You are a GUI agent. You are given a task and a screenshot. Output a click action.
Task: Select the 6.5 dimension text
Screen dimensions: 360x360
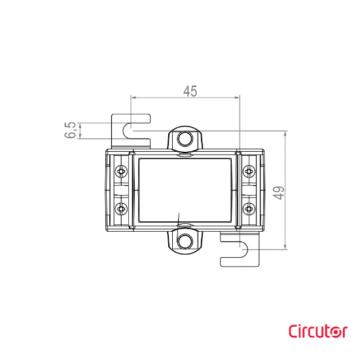(71, 131)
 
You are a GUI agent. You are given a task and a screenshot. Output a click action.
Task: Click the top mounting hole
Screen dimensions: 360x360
(184, 140)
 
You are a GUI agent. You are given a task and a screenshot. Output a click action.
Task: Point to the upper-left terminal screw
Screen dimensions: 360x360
(121, 171)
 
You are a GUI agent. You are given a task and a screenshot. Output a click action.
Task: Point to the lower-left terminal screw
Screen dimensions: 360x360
(121, 209)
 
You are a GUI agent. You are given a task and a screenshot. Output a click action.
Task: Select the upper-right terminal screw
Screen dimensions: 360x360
(246, 171)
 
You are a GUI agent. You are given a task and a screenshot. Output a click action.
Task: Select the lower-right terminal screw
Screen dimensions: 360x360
(246, 209)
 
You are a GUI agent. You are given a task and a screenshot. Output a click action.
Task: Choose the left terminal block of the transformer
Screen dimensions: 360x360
(122, 190)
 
